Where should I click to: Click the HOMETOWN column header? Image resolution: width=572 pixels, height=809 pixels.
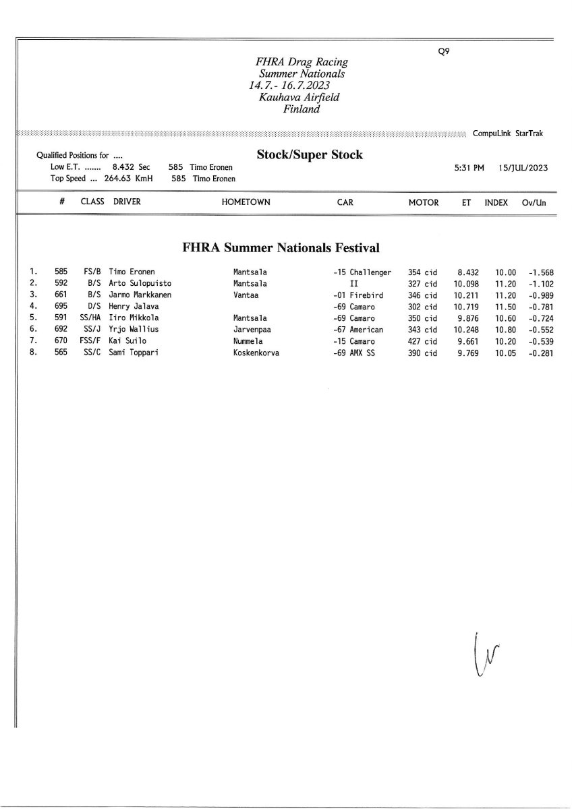click(x=246, y=202)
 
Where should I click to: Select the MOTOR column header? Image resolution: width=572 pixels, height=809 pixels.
click(x=424, y=202)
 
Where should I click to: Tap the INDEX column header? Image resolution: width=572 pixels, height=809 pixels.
click(x=496, y=202)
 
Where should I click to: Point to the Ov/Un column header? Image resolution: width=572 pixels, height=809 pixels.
click(x=534, y=202)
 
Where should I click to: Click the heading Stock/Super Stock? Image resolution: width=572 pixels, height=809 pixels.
click(x=310, y=155)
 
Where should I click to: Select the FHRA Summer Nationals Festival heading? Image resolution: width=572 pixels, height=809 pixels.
click(x=281, y=247)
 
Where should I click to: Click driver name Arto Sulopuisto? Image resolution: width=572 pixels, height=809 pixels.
click(x=140, y=284)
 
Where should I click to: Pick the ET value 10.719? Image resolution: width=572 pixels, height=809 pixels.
click(x=466, y=307)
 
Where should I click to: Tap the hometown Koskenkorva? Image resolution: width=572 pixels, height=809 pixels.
click(x=256, y=353)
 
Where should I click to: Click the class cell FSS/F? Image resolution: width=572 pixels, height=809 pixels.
click(x=90, y=341)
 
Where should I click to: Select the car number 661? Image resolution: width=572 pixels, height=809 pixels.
click(x=61, y=295)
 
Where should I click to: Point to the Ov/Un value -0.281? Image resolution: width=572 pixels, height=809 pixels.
click(x=541, y=353)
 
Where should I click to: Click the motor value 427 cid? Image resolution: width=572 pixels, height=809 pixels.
click(x=423, y=341)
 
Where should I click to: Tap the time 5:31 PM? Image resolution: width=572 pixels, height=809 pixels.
click(x=469, y=168)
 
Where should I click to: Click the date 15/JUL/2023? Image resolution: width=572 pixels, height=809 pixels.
click(x=523, y=168)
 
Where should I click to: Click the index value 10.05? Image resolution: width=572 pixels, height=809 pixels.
click(x=505, y=353)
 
